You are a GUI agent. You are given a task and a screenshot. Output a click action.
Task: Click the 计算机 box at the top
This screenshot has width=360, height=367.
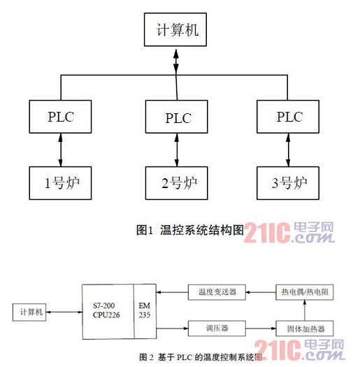click(x=175, y=29)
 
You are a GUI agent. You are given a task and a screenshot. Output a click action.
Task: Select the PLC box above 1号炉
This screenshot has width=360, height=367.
click(x=60, y=117)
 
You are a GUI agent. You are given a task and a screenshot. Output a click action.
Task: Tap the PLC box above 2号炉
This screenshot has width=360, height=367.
click(x=176, y=117)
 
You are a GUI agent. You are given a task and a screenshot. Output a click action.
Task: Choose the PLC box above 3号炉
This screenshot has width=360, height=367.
click(x=288, y=117)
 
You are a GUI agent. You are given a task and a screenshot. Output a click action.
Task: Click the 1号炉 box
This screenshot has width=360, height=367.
click(x=60, y=183)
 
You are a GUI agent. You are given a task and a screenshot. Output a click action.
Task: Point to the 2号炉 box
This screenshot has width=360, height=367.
click(x=176, y=183)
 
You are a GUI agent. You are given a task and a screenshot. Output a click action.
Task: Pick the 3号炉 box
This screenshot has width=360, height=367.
click(x=288, y=183)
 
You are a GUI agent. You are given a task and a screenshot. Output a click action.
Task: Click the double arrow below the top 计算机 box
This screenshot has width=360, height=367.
click(x=176, y=61)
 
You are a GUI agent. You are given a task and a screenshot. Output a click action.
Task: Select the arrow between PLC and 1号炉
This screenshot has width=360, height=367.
click(x=60, y=150)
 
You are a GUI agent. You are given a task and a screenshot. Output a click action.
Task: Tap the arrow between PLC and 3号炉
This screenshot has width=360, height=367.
click(x=288, y=150)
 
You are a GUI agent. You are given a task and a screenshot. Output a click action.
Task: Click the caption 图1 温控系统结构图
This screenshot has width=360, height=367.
click(x=190, y=230)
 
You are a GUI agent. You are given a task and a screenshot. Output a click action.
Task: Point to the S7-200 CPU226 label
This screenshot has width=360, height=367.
click(x=106, y=310)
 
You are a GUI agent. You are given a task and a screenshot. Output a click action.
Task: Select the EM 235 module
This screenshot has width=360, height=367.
click(x=145, y=312)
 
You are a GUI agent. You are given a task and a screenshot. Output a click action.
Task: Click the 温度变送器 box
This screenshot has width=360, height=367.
click(x=217, y=292)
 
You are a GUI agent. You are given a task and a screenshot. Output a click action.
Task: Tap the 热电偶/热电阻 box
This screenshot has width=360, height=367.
click(x=305, y=292)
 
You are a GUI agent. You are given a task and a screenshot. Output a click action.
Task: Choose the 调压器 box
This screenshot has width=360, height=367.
click(x=217, y=329)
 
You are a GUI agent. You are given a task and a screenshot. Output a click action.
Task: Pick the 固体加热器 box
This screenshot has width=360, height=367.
click(x=305, y=329)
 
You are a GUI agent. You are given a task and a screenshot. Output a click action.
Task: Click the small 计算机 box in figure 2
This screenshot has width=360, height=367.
click(x=29, y=312)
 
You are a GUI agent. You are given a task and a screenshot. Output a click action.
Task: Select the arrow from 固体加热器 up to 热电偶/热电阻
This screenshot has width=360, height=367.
click(x=305, y=310)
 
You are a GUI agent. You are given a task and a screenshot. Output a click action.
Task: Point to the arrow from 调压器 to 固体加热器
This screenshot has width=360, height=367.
click(x=261, y=329)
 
